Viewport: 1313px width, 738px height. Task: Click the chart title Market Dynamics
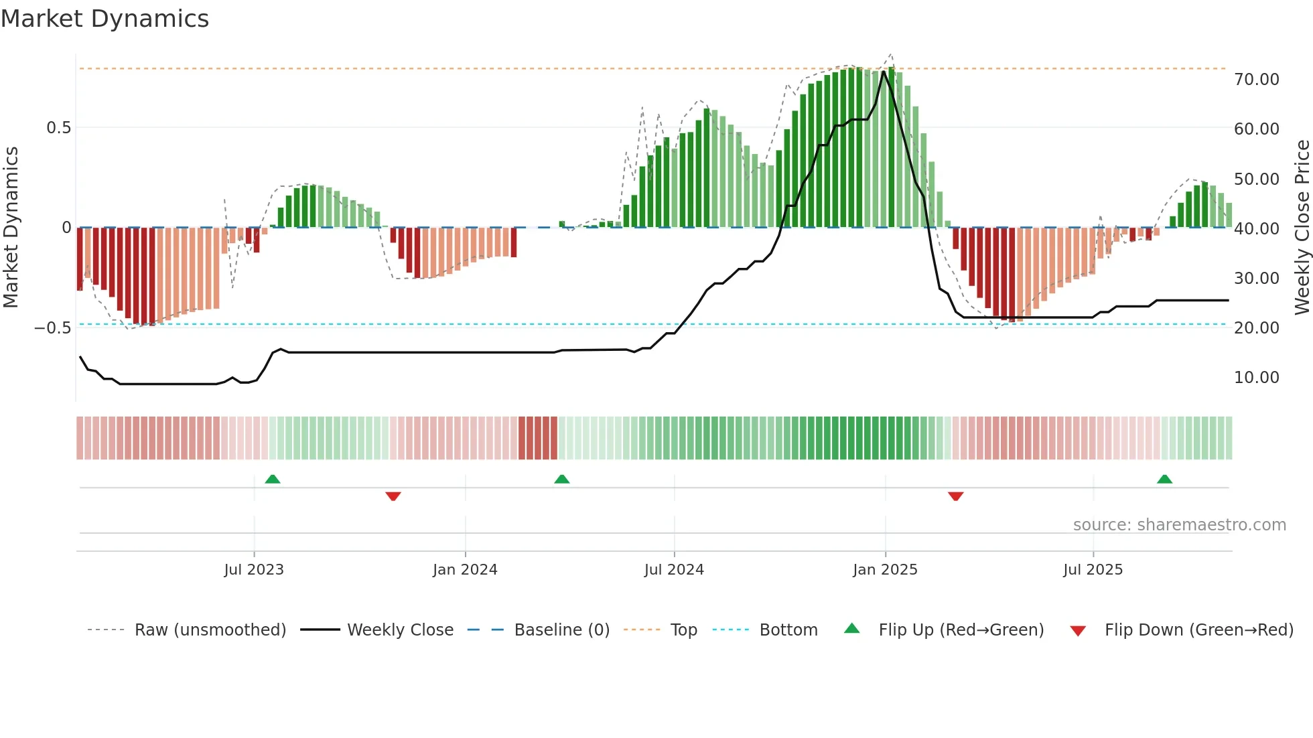(105, 19)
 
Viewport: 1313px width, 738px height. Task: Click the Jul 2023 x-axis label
(254, 570)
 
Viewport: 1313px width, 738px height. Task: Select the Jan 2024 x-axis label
(465, 570)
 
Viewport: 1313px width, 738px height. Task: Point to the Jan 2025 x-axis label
(885, 570)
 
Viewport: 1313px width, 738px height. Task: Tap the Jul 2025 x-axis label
(1093, 570)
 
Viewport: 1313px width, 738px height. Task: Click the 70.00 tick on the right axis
(1256, 80)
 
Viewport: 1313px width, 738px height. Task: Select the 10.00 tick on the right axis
(1256, 378)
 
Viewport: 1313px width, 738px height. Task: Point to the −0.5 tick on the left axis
(53, 328)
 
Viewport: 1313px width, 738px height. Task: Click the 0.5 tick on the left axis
(58, 128)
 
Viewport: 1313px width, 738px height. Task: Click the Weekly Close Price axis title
(1302, 228)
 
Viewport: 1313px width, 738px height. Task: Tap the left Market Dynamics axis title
(11, 228)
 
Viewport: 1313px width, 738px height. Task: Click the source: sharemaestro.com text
(1179, 525)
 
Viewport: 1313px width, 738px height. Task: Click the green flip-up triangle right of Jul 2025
(1164, 479)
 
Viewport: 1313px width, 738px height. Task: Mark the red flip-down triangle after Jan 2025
(956, 496)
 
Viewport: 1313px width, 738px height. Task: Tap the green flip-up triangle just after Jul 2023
(273, 479)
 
